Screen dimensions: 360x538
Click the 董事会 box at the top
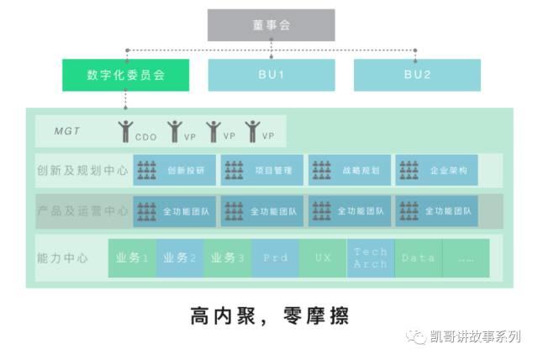click(x=272, y=25)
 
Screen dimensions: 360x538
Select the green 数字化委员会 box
click(x=125, y=75)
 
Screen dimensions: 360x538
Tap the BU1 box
click(x=272, y=75)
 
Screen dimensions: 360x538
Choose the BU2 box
click(x=417, y=75)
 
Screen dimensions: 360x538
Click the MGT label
click(x=67, y=131)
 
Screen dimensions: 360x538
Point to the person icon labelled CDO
click(x=126, y=131)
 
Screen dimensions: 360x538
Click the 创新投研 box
click(x=174, y=170)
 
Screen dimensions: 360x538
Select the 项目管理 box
click(x=261, y=170)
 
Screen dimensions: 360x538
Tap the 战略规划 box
click(x=349, y=170)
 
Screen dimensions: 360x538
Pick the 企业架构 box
click(x=436, y=170)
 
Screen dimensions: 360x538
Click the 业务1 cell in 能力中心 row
click(x=133, y=258)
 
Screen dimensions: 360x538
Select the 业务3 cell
click(x=228, y=258)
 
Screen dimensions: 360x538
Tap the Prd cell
click(x=275, y=258)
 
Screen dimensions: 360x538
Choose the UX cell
click(x=323, y=258)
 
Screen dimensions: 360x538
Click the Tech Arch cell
click(x=370, y=258)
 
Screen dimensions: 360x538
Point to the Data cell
click(x=418, y=258)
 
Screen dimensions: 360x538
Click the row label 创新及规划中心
click(x=83, y=170)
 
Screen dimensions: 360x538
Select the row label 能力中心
click(x=63, y=258)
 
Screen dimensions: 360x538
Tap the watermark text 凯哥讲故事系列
click(x=475, y=336)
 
